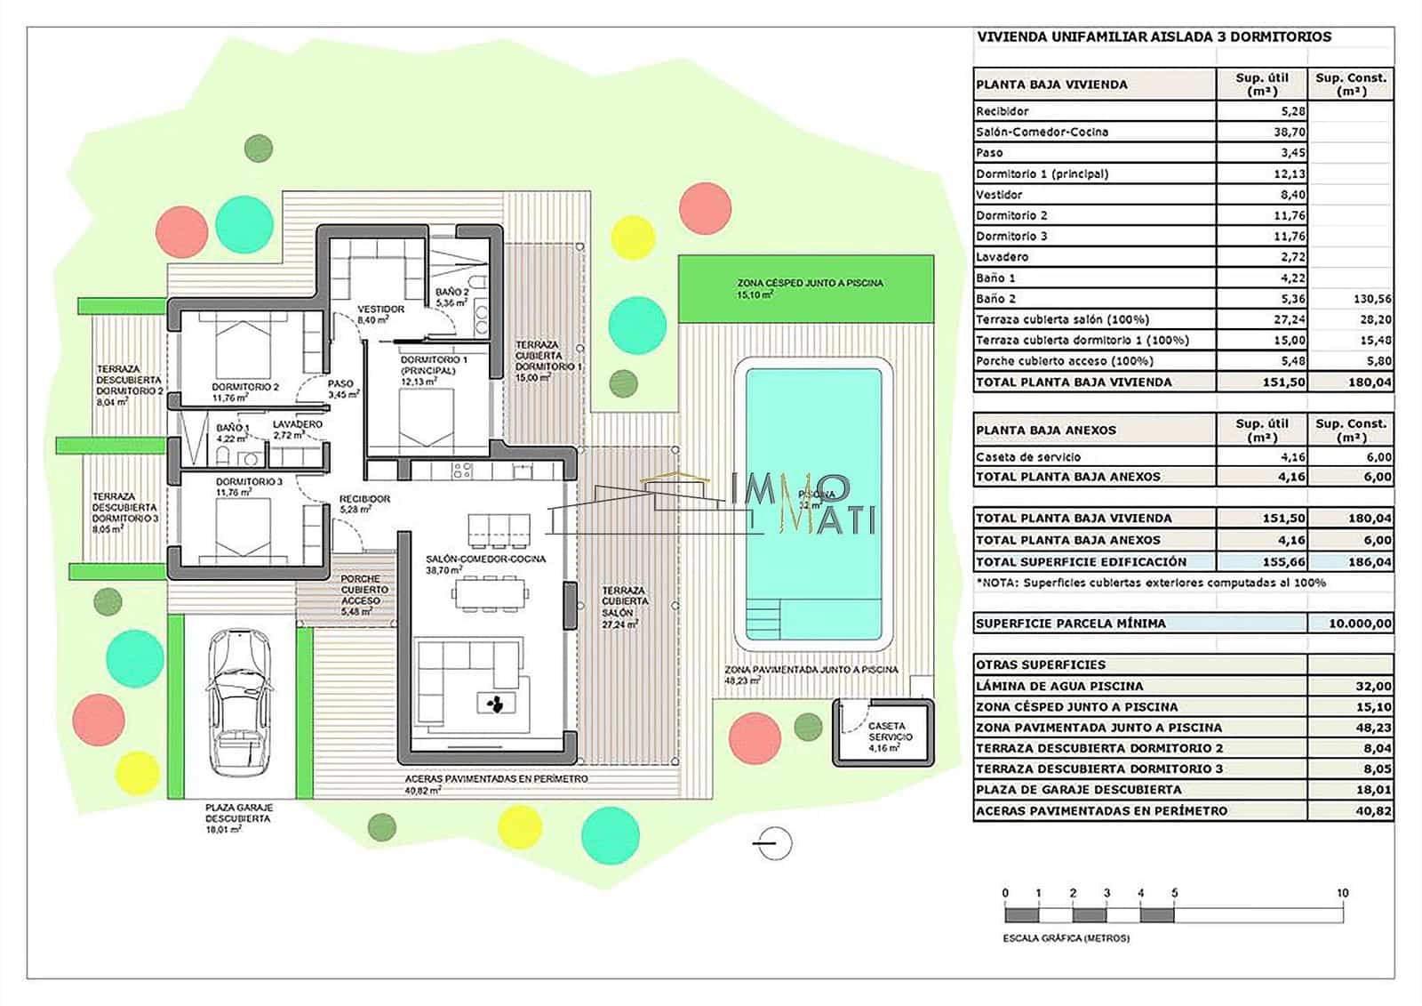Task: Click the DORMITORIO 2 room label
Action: pyautogui.click(x=245, y=387)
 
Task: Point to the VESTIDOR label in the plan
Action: pyautogui.click(x=380, y=309)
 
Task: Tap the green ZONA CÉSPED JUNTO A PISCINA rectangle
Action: pyautogui.click(x=806, y=288)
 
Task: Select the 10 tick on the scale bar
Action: pyautogui.click(x=1342, y=893)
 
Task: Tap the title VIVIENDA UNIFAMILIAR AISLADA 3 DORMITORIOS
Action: pyautogui.click(x=1154, y=37)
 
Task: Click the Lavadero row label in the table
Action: pyautogui.click(x=1003, y=257)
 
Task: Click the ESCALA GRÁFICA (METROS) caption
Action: pyautogui.click(x=1066, y=938)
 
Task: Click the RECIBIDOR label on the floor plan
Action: pyautogui.click(x=364, y=499)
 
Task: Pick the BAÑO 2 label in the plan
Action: pyautogui.click(x=451, y=292)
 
